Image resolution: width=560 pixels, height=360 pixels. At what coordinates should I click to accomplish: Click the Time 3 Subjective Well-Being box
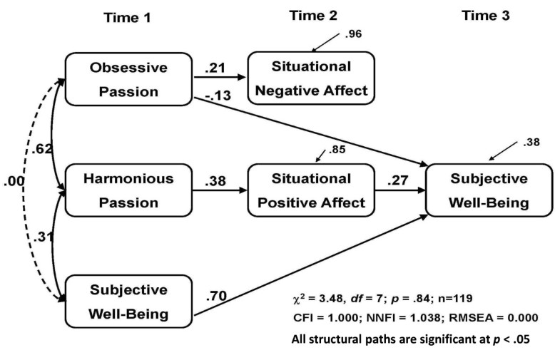coord(489,191)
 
